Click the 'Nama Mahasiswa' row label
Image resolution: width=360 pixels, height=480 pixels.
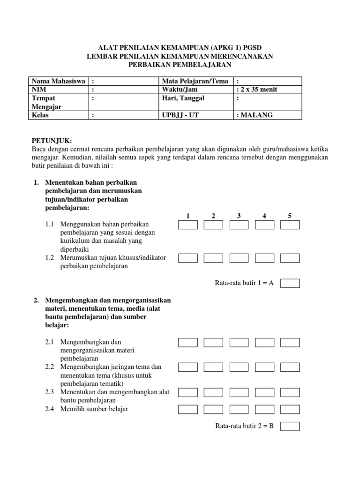58,81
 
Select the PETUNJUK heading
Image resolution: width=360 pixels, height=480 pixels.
52,140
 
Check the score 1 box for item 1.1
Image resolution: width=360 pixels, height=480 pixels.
187,225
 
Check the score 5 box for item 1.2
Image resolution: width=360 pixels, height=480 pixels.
290,258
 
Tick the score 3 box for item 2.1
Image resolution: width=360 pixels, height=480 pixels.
239,343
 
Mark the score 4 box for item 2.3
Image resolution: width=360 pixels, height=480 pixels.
264,392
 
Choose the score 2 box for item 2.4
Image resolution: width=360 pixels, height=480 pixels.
213,409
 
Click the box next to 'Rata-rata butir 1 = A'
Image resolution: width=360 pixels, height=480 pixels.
290,283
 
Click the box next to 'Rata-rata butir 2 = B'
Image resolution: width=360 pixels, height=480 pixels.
290,426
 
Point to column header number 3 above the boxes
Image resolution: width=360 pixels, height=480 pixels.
239,216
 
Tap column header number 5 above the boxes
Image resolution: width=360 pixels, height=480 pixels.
290,216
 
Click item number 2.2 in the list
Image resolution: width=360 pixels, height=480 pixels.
50,367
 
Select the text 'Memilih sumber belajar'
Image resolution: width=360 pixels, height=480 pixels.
94,409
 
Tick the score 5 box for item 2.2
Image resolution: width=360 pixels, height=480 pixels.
290,367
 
